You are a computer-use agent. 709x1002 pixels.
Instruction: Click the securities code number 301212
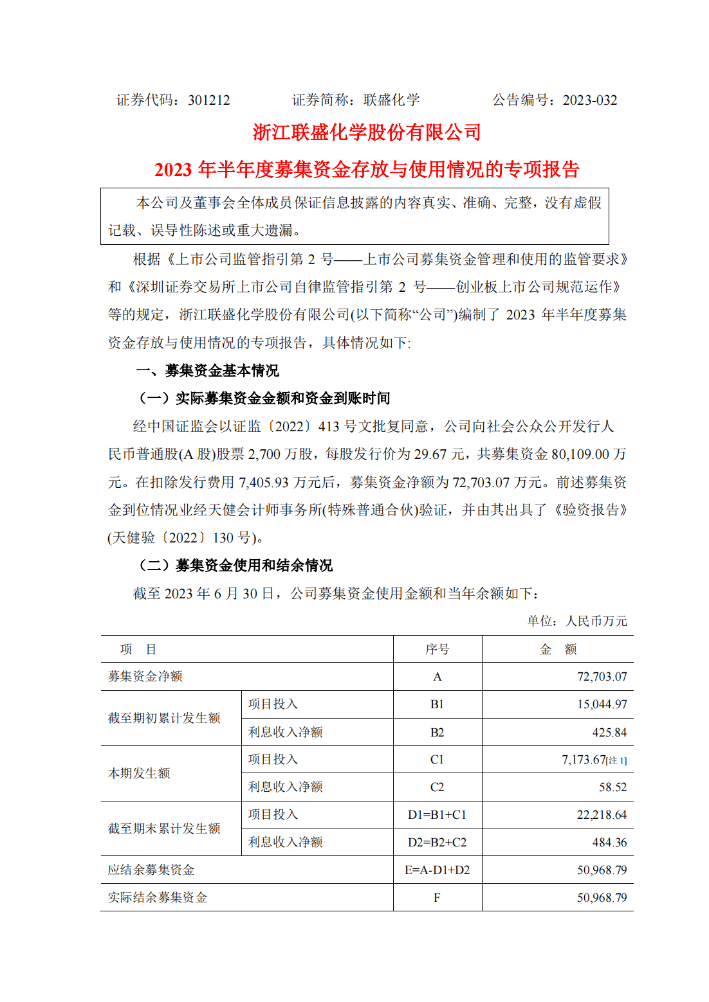208,100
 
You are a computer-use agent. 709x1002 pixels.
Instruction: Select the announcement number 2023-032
589,100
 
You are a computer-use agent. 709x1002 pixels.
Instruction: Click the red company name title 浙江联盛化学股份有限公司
367,132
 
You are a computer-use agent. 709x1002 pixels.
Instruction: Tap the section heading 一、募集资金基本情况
208,371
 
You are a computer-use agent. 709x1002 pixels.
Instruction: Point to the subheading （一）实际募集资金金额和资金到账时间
264,398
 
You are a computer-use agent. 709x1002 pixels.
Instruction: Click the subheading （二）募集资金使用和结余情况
235,566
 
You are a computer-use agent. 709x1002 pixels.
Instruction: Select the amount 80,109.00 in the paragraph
580,454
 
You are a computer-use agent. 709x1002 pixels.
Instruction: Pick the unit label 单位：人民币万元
577,621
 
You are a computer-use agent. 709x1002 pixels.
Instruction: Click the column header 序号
437,649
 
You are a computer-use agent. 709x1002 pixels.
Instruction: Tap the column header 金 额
557,649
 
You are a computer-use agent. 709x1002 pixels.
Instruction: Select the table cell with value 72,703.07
602,677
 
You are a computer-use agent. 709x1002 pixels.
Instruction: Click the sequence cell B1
437,704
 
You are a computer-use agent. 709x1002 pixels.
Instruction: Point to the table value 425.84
609,732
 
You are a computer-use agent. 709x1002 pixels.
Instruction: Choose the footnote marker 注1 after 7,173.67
616,761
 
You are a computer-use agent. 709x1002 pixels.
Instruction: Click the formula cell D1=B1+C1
437,815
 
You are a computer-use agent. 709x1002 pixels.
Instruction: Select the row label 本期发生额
139,773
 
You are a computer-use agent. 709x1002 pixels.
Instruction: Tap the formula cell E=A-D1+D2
437,870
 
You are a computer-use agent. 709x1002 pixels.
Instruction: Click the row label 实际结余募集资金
157,898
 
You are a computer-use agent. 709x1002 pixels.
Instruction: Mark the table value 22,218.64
602,815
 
